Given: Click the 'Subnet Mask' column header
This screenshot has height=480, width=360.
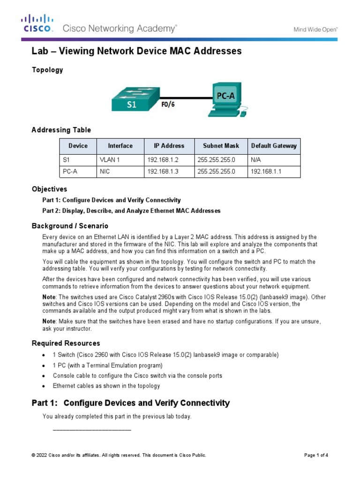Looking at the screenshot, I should [220, 146].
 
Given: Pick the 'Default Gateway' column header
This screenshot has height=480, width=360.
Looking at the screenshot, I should [274, 146].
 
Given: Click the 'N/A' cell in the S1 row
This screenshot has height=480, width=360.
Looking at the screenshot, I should [256, 160].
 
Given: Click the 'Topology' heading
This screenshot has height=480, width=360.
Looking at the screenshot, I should [47, 70].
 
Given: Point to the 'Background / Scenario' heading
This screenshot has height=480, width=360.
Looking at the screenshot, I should [70, 226].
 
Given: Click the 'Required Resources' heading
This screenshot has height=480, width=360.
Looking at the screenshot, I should [66, 343].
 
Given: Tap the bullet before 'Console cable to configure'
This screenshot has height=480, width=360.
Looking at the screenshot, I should [44, 376].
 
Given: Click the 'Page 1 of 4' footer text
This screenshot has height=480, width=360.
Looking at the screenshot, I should [316, 455].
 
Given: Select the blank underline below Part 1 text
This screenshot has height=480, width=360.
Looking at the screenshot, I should [92, 429].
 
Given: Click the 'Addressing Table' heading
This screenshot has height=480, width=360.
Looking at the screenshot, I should [61, 130].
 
